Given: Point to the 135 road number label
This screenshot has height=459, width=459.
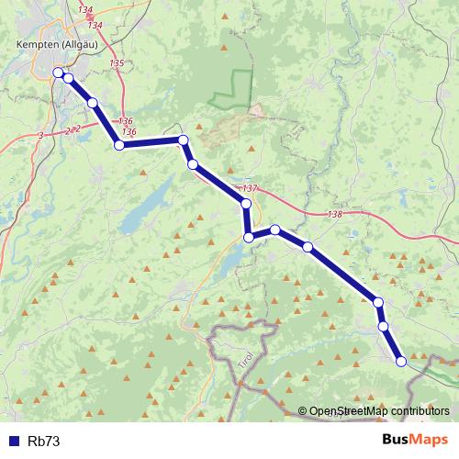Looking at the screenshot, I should coord(116,62).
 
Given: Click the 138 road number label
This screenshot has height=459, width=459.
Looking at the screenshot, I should coord(333,215).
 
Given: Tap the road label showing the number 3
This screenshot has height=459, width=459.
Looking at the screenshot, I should coord(40,136).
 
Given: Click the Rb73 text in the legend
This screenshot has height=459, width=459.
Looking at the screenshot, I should coord(44,441).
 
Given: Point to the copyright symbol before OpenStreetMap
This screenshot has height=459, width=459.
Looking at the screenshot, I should coord(304,411).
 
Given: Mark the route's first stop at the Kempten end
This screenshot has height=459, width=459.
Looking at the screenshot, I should coord(58,73).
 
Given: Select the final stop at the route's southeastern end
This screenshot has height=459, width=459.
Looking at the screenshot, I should coord(401,361).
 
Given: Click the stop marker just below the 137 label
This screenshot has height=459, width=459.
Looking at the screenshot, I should coord(245,203).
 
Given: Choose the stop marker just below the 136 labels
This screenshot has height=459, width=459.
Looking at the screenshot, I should coord(119,145).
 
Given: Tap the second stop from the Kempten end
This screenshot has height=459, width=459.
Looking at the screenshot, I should coord(68,79).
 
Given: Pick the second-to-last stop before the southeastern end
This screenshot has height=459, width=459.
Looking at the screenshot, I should coord(383,326).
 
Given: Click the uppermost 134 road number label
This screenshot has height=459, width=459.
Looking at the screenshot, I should coord(85,9).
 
